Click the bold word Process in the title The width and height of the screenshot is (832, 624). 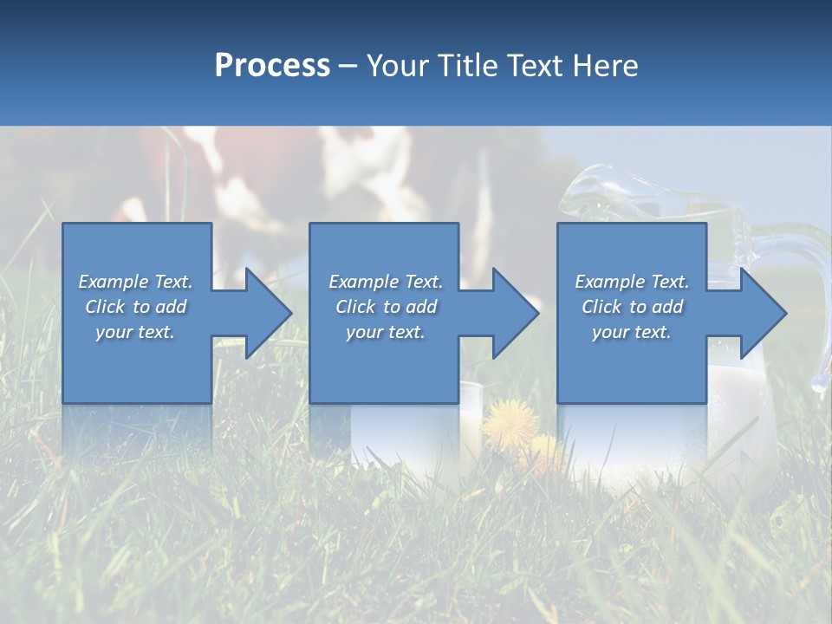tap(272, 66)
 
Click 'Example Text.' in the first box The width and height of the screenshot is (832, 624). tap(135, 282)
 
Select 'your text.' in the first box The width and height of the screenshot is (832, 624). tap(135, 332)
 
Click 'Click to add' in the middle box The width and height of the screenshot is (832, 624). tap(386, 307)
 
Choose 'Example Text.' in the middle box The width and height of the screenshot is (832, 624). tap(386, 282)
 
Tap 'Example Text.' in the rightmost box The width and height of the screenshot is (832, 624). tap(632, 282)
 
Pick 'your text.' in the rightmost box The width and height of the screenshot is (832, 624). tap(632, 332)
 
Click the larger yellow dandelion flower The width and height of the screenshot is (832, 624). tap(510, 422)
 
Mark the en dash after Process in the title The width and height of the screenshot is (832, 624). tap(348, 66)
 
